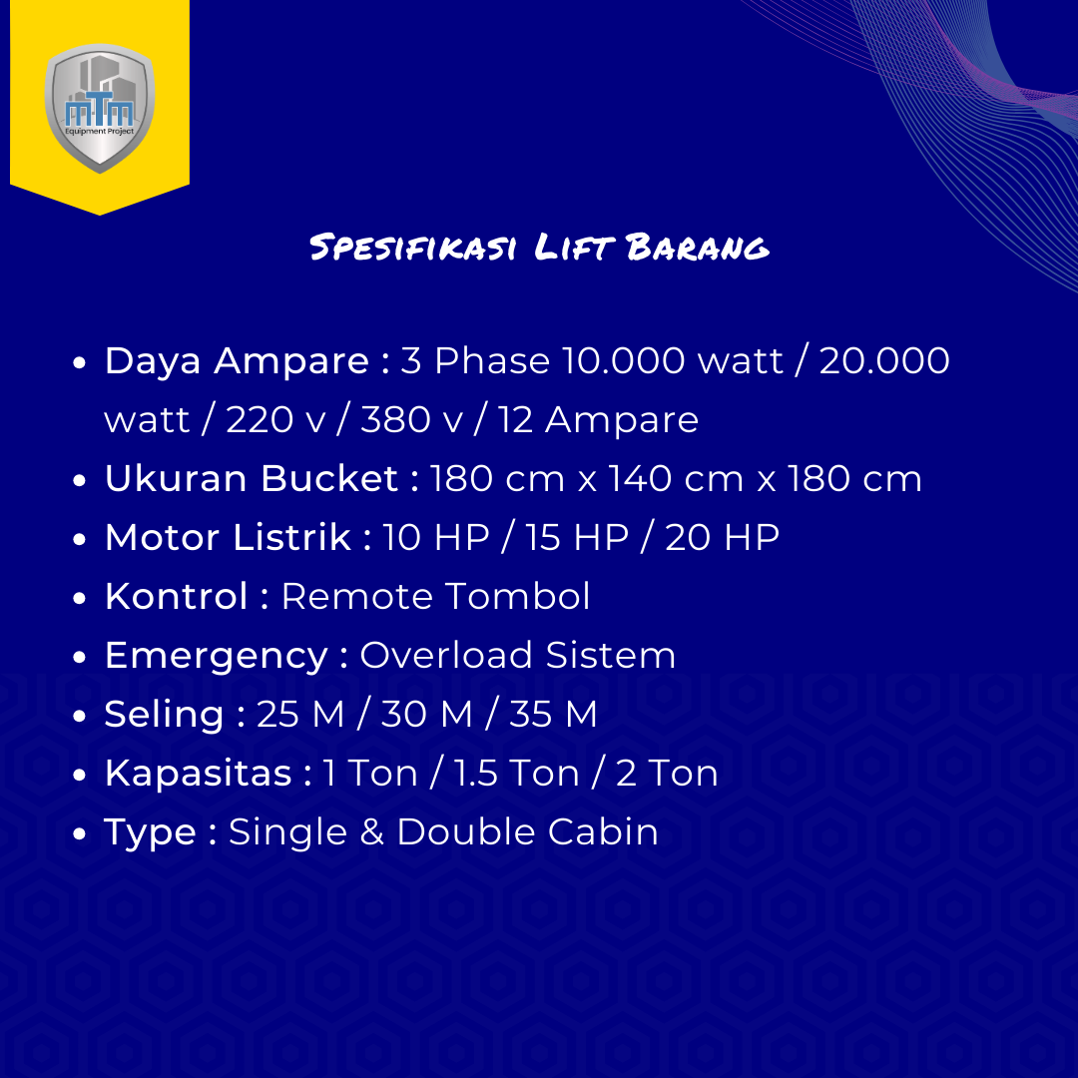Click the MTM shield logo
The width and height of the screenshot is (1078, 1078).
pyautogui.click(x=100, y=108)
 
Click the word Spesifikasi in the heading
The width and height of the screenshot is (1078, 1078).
pyautogui.click(x=413, y=247)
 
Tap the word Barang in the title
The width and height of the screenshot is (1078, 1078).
pyautogui.click(x=698, y=247)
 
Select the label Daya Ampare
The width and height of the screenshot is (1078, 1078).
pyautogui.click(x=237, y=361)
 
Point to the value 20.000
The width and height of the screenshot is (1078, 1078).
pyautogui.click(x=884, y=360)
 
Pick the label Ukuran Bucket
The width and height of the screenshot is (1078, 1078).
pyautogui.click(x=251, y=478)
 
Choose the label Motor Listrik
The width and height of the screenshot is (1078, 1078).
pyautogui.click(x=228, y=537)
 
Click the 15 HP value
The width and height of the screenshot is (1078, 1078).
pyautogui.click(x=577, y=537)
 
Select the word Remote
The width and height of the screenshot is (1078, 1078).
pyautogui.click(x=356, y=596)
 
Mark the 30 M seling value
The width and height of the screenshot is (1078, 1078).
pyautogui.click(x=426, y=714)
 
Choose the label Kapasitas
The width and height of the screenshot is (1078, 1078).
pyautogui.click(x=198, y=775)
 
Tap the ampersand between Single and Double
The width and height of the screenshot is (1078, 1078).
pyautogui.click(x=371, y=831)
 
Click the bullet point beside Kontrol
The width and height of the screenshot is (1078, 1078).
pyautogui.click(x=79, y=598)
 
